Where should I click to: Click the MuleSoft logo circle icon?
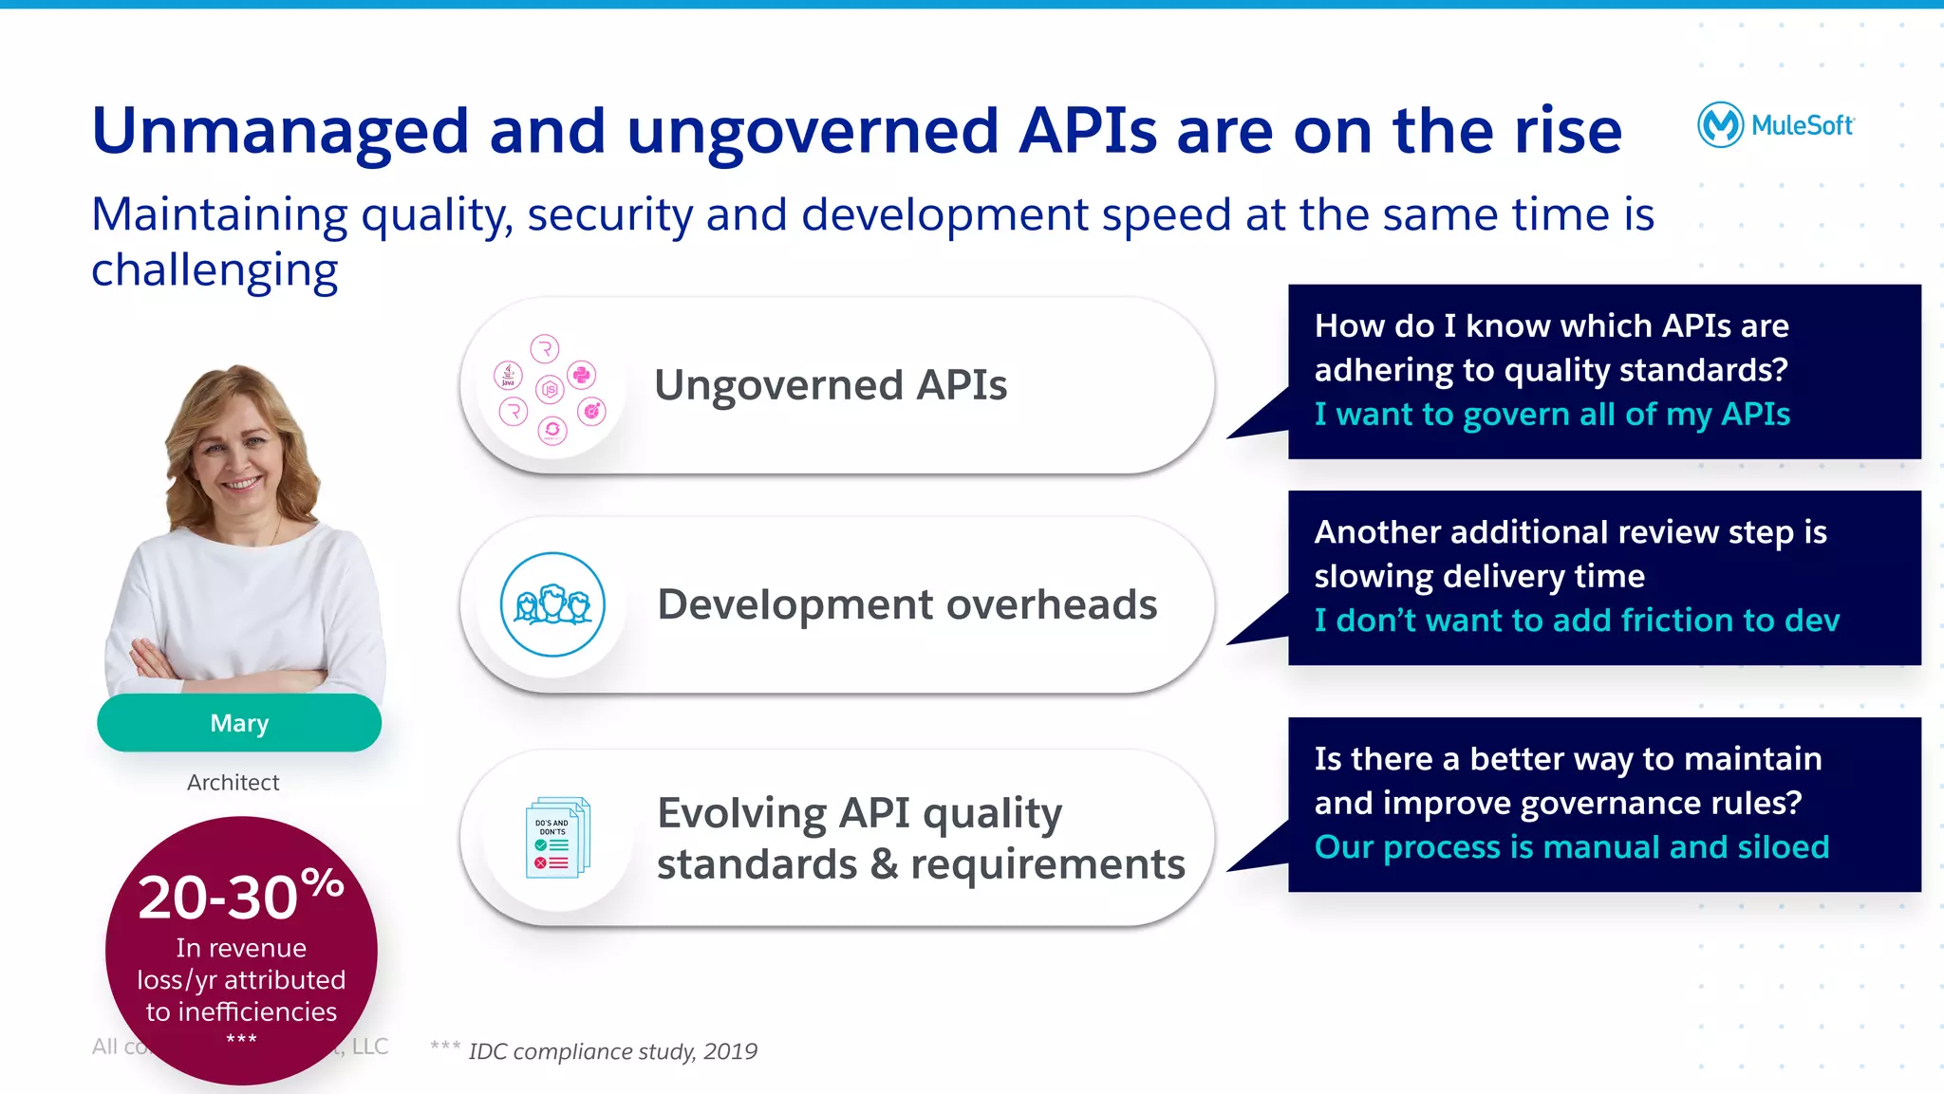click(1720, 124)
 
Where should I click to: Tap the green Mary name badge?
click(239, 723)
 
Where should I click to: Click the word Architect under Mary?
click(233, 783)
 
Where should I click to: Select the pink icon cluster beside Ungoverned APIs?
click(550, 389)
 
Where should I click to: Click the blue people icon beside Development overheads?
click(552, 604)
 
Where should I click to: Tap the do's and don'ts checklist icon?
click(557, 838)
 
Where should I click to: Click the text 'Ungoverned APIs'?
click(831, 385)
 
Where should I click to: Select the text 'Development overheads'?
click(907, 604)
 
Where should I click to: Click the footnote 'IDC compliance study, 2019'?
click(612, 1051)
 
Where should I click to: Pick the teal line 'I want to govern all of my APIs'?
click(1552, 415)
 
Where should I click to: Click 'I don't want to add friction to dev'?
click(1577, 621)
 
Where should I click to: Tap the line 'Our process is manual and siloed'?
click(1571, 847)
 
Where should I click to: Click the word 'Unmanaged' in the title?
click(280, 131)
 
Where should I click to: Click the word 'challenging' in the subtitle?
click(215, 270)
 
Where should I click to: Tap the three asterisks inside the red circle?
click(241, 1039)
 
